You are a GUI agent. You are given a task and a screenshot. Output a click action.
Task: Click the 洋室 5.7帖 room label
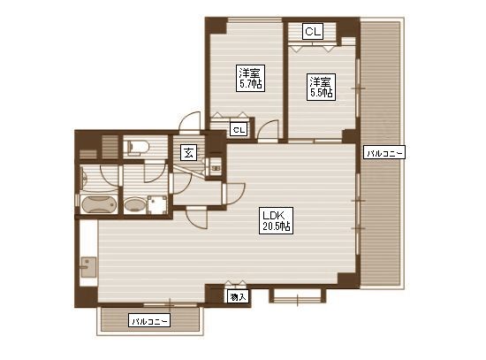[250, 78]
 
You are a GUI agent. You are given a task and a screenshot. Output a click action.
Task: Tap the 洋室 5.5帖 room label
[321, 87]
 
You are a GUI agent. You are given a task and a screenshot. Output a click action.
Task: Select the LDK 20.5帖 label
[276, 220]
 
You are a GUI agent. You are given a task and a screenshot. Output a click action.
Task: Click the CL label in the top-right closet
[313, 31]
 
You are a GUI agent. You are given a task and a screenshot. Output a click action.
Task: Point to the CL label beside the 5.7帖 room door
[239, 129]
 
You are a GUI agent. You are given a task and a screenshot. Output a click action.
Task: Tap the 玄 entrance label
[189, 153]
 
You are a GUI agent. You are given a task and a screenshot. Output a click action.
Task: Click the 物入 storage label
[238, 297]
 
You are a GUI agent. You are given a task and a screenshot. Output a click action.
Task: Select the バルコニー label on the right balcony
[384, 152]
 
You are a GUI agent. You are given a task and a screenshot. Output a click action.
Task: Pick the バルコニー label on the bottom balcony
[149, 320]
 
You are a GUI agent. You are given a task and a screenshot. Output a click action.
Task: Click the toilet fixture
[136, 146]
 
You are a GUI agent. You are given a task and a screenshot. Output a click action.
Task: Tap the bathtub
[98, 204]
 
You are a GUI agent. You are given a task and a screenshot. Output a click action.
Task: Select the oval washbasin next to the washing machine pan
[134, 205]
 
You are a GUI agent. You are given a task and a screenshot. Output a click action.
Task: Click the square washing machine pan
[157, 204]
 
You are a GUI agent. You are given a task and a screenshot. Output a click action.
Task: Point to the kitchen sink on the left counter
[88, 267]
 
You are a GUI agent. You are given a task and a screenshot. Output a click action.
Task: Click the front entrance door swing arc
[190, 122]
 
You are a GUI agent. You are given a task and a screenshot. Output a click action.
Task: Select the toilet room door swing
[156, 172]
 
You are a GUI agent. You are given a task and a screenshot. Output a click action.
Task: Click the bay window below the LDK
[297, 296]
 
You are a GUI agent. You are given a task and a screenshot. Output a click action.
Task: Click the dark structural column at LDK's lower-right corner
[347, 279]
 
